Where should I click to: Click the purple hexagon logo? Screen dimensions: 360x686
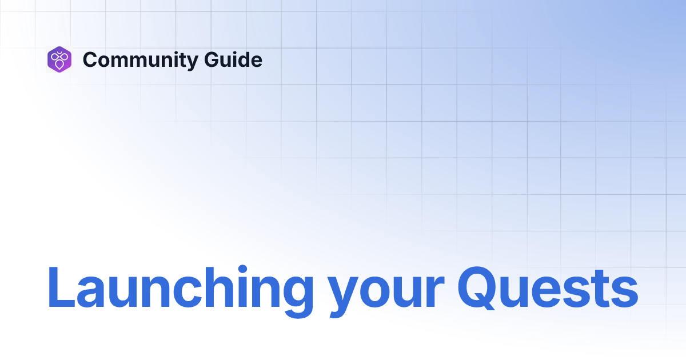[59, 59]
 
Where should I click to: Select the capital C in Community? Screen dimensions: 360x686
[91, 59]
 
